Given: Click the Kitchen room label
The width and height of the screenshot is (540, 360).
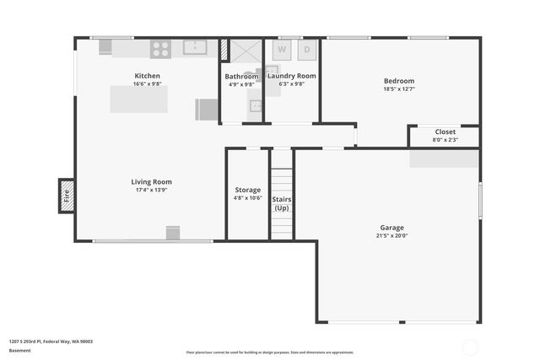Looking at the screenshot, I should (x=147, y=76).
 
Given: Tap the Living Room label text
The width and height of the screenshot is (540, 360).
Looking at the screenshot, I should (x=151, y=182).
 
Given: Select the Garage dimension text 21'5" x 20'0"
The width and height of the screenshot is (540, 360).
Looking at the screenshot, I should (x=391, y=236).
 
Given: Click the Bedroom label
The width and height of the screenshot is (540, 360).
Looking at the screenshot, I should (x=399, y=81).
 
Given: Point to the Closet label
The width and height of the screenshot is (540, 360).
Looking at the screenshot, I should (x=445, y=132).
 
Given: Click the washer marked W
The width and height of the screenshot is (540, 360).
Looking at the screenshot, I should (x=282, y=50).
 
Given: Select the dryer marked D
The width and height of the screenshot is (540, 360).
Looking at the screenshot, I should (x=306, y=50).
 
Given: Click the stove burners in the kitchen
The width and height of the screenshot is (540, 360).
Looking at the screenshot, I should (x=160, y=49).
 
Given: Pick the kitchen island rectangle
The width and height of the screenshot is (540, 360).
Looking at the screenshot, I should (x=138, y=99).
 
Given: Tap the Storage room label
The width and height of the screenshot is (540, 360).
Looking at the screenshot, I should (x=247, y=190).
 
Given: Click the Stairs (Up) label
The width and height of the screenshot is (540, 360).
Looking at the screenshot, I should (x=282, y=203).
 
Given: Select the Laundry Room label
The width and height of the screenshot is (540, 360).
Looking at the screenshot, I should (x=291, y=76).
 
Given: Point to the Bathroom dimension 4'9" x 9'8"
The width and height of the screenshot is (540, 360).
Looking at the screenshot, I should (x=240, y=84).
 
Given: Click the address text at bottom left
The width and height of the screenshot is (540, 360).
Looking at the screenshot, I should (x=51, y=341).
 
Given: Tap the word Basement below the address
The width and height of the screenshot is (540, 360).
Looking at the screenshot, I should (x=19, y=351).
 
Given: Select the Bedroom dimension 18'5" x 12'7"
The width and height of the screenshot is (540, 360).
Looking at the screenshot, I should (x=399, y=89).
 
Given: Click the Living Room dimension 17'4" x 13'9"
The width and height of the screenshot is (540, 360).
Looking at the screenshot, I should (x=151, y=190).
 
